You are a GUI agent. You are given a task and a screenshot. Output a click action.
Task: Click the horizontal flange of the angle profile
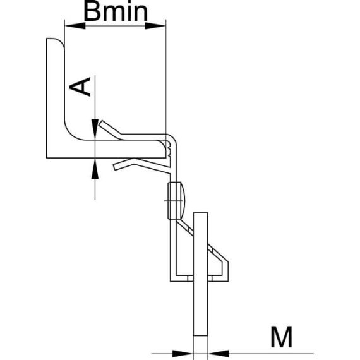click(x=107, y=150)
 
